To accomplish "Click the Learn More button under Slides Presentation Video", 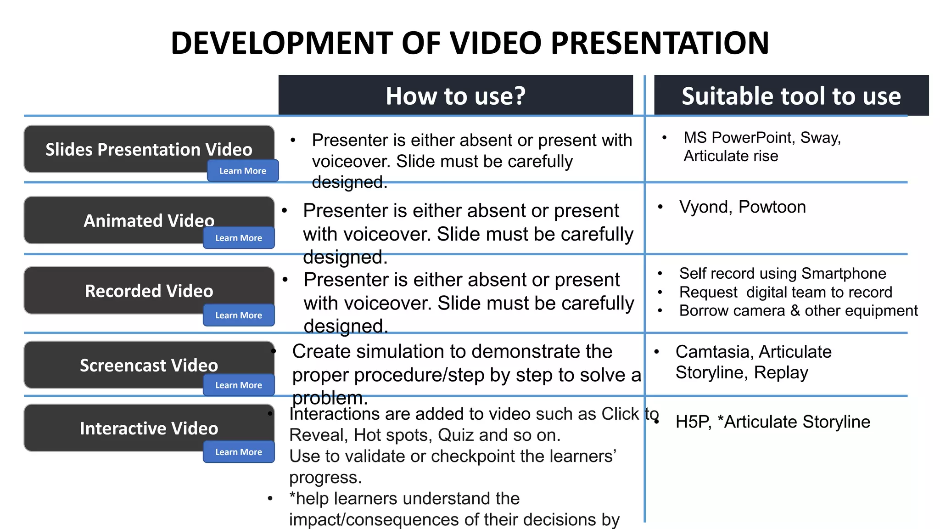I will [243, 171].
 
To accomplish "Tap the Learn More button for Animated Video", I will [239, 238].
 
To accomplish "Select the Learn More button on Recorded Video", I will [239, 315].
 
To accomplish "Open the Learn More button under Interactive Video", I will [239, 452].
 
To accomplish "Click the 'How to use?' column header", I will [455, 96].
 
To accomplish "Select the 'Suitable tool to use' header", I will [791, 96].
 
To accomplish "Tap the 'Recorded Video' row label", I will [149, 291].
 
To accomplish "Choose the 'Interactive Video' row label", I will [149, 428].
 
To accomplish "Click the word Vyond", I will [705, 207].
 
